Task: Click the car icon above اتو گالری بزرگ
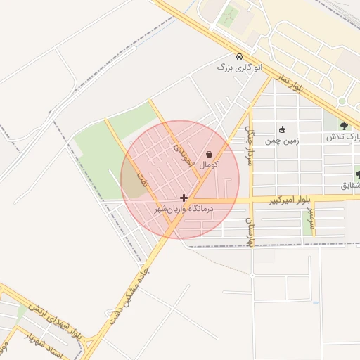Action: point(239,56)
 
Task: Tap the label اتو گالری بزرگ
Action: point(239,67)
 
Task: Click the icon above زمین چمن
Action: point(282,129)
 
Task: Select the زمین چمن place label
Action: point(282,141)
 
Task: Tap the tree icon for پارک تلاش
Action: point(344,126)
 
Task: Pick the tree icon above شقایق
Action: point(358,174)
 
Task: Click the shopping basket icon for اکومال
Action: point(209,154)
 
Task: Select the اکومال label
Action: point(210,165)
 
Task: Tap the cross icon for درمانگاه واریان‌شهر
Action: point(184,198)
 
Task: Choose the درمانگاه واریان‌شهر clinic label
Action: point(184,210)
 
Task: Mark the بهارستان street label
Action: point(248,231)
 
